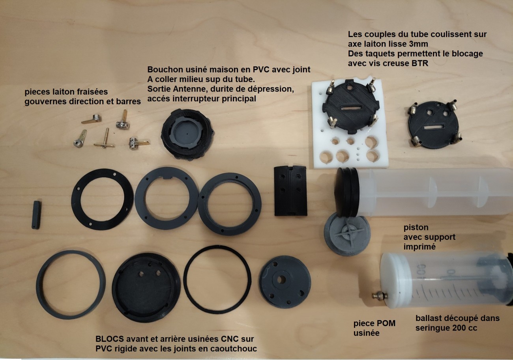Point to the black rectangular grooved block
click(x=290, y=191)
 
